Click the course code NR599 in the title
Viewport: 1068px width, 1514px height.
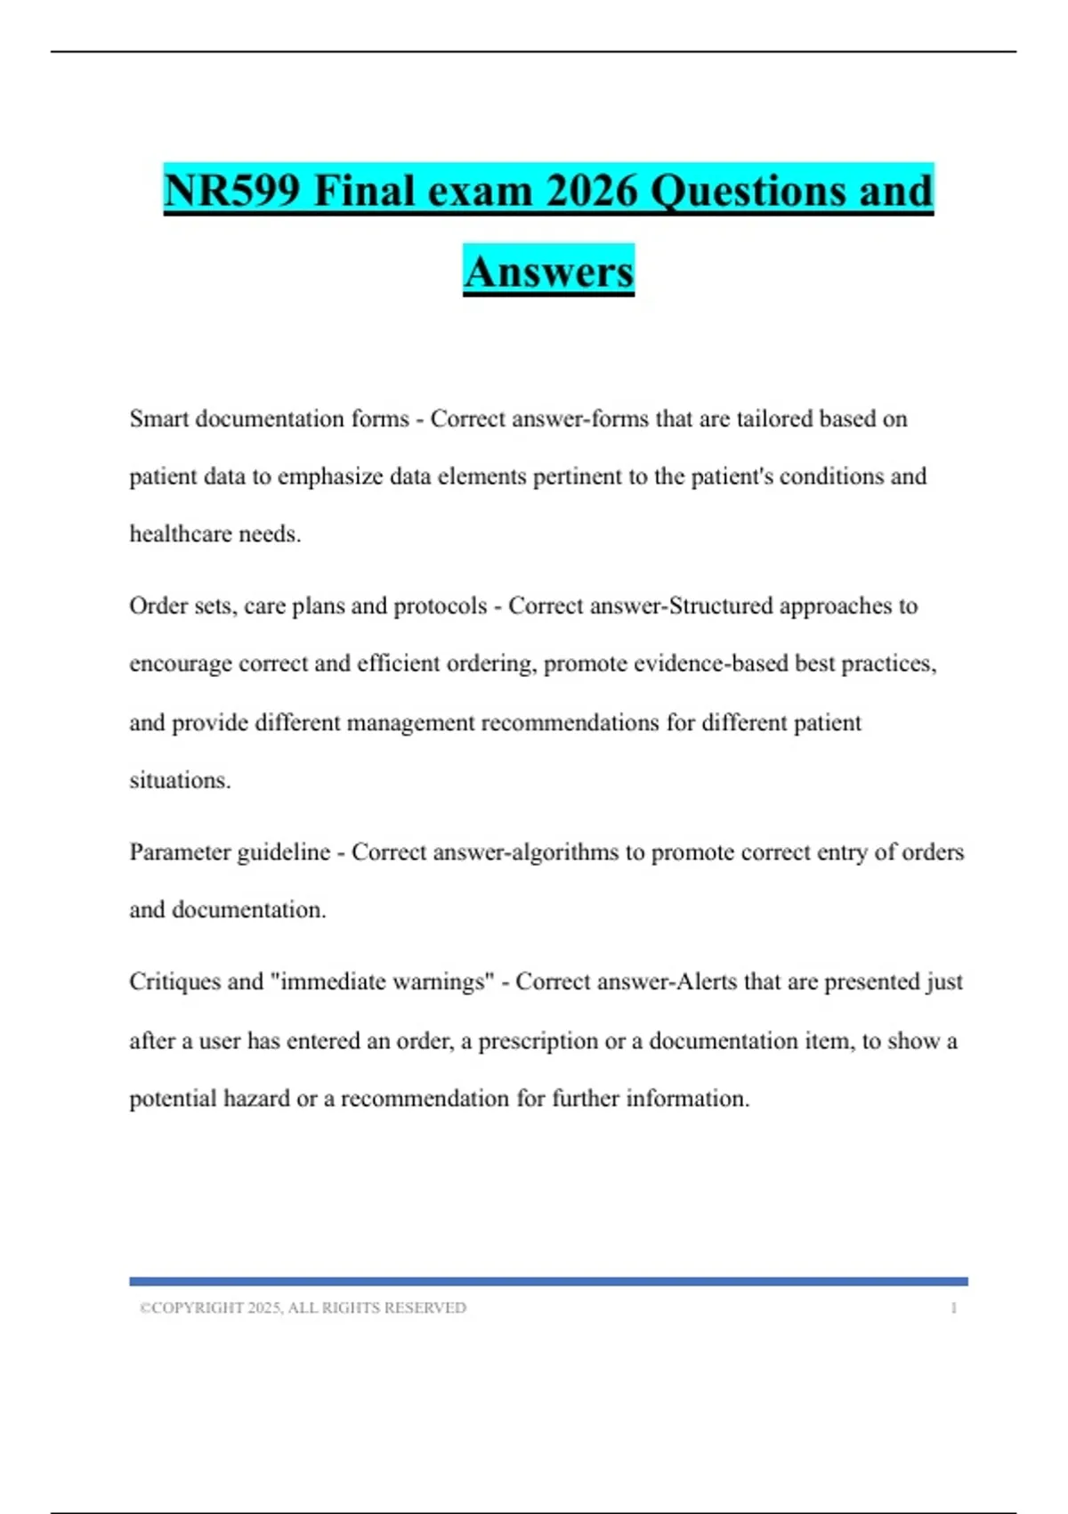[232, 191]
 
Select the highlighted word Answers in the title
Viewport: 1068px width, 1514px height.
[548, 272]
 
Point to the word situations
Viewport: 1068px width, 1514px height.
[180, 780]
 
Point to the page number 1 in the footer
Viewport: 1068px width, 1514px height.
[954, 1308]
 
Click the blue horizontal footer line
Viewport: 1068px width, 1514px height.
[548, 1282]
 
